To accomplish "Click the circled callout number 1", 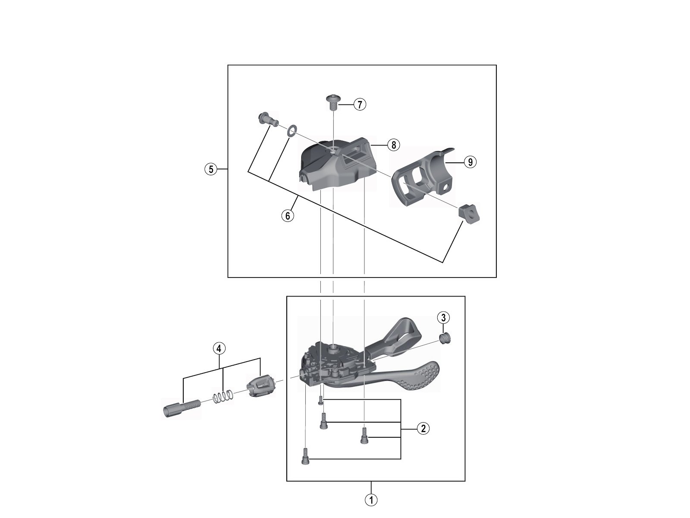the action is coord(371,499).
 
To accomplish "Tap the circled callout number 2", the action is coord(423,428).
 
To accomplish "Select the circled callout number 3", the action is coord(443,318).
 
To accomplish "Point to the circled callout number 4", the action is coord(219,348).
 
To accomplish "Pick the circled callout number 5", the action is coord(211,169).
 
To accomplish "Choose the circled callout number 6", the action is coord(288,216).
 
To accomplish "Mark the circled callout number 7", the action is coord(360,104).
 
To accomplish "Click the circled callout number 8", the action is coord(393,145).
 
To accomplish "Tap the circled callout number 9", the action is coord(470,162).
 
